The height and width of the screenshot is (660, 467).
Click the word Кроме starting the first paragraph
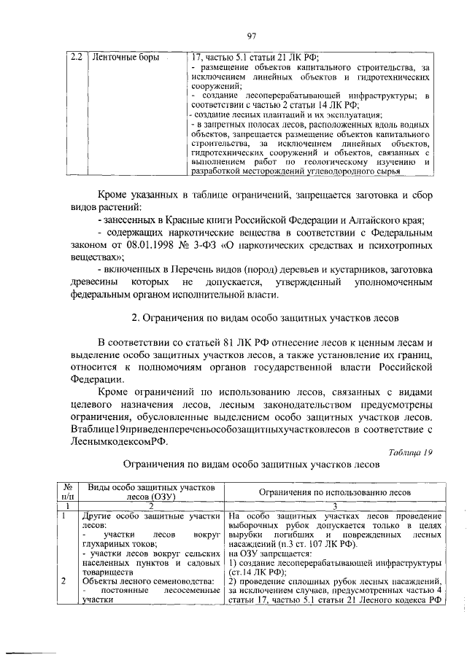(x=115, y=195)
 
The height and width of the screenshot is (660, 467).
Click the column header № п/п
(x=66, y=492)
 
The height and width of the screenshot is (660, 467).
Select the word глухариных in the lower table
(x=105, y=543)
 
